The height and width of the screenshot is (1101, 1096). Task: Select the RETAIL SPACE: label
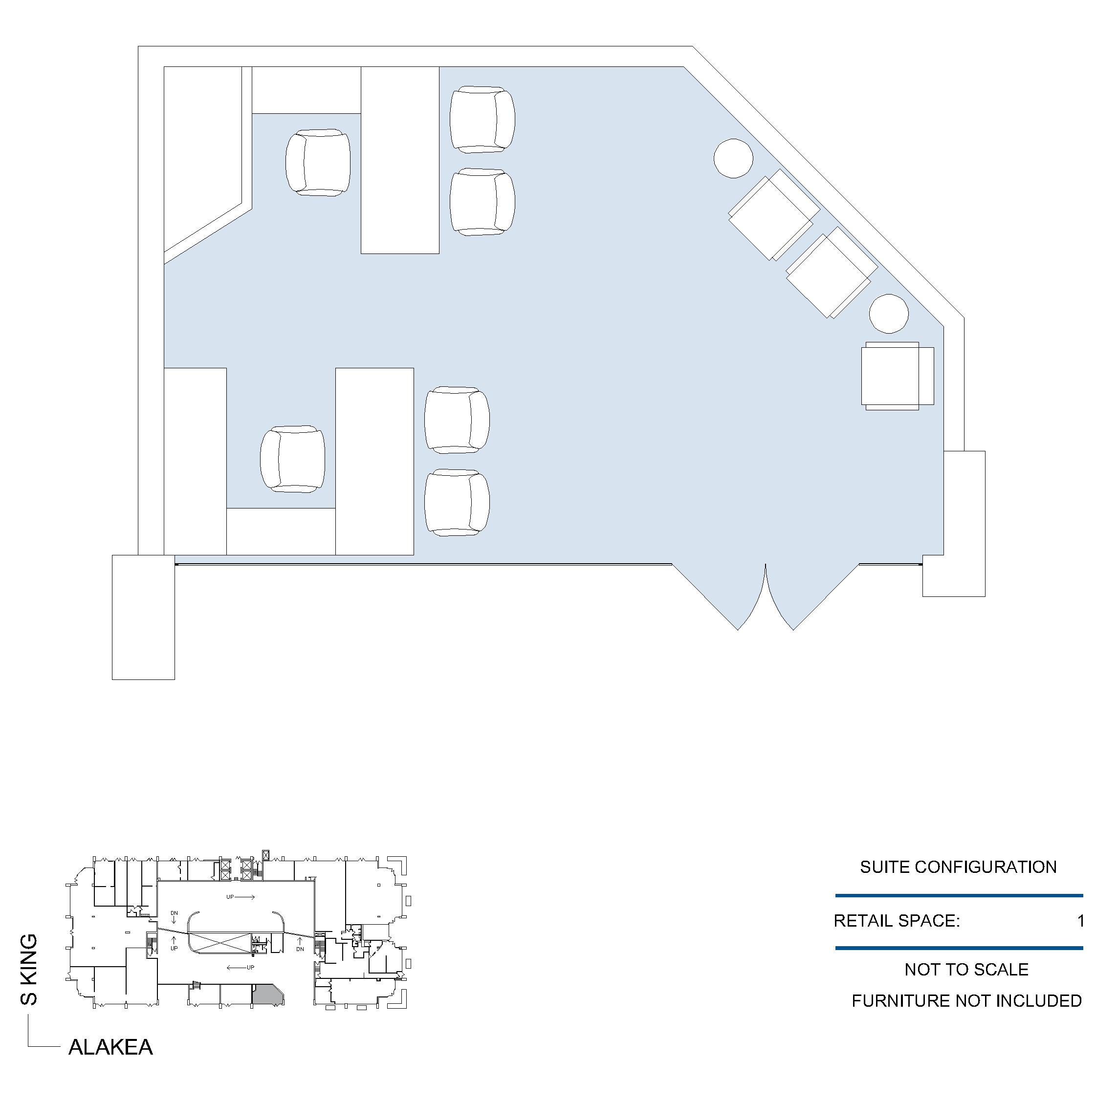click(x=897, y=920)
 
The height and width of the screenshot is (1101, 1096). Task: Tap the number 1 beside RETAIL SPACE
click(x=1080, y=920)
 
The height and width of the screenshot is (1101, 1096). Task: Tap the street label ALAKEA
click(x=110, y=1047)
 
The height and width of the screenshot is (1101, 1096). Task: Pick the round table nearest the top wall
click(x=733, y=158)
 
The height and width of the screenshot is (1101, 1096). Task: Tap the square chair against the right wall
click(x=897, y=376)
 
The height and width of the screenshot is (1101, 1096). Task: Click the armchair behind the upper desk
click(x=318, y=163)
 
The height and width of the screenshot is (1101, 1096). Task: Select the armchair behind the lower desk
click(x=292, y=459)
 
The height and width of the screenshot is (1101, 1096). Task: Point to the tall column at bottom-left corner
click(x=143, y=617)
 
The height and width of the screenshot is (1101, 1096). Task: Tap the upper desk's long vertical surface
click(x=400, y=160)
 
